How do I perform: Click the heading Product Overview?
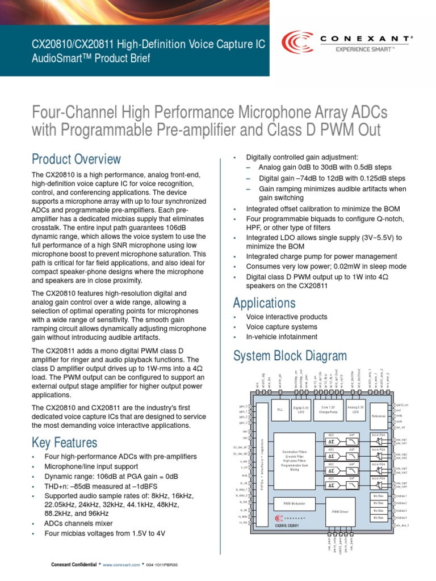(76, 159)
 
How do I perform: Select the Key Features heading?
(64, 442)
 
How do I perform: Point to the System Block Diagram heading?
(290, 356)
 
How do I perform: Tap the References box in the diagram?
(379, 416)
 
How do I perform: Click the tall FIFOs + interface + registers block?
(262, 465)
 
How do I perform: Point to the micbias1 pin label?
(401, 496)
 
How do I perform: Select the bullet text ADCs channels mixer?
(78, 523)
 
